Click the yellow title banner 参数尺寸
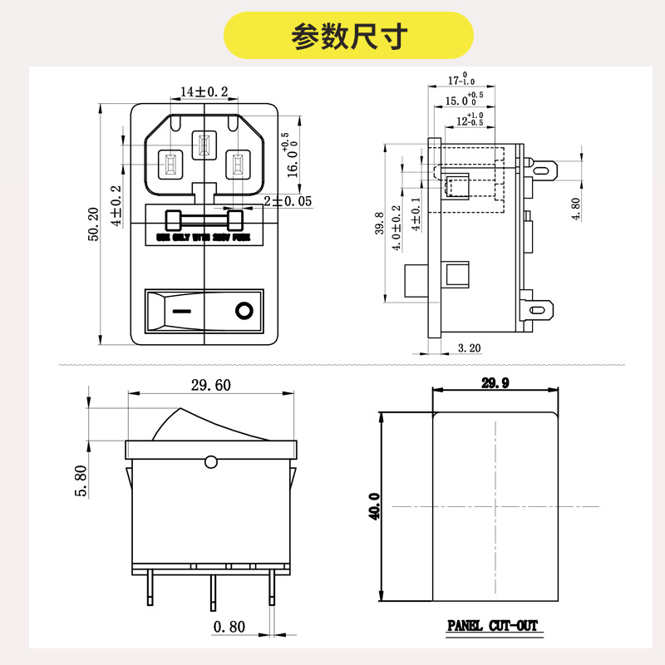tap(349, 35)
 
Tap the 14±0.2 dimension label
tap(204, 91)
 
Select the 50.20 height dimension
tap(94, 224)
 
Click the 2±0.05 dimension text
tap(288, 201)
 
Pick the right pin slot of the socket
tap(238, 165)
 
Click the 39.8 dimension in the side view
tap(379, 224)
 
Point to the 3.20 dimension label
tap(470, 348)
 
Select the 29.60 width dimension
tap(211, 385)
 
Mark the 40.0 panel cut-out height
tap(374, 506)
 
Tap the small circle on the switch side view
tap(210, 461)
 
